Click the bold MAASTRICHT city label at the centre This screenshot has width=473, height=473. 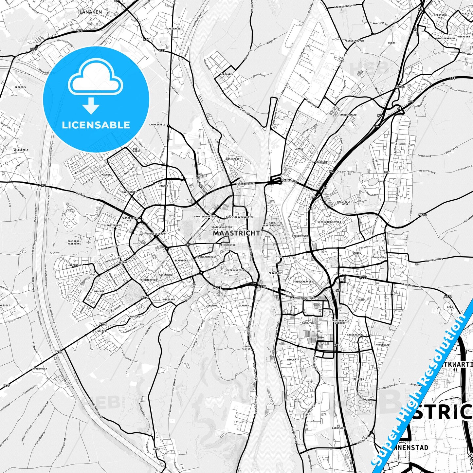click(x=236, y=233)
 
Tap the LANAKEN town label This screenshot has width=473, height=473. click(x=91, y=12)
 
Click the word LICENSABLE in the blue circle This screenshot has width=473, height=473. click(x=96, y=125)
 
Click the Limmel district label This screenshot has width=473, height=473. click(x=299, y=149)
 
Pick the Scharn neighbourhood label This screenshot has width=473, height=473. click(x=357, y=253)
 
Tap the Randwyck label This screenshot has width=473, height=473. click(x=308, y=323)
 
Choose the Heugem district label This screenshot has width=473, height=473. click(x=292, y=359)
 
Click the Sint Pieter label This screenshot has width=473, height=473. click(x=246, y=348)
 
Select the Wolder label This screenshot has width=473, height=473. click(x=102, y=331)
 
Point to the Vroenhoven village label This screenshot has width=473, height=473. click(x=40, y=369)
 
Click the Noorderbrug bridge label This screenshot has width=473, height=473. click(x=247, y=184)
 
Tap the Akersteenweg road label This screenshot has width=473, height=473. click(x=410, y=286)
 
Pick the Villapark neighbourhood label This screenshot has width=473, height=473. click(x=242, y=305)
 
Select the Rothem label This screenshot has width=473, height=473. click(x=400, y=87)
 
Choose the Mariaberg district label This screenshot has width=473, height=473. click(x=165, y=275)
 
